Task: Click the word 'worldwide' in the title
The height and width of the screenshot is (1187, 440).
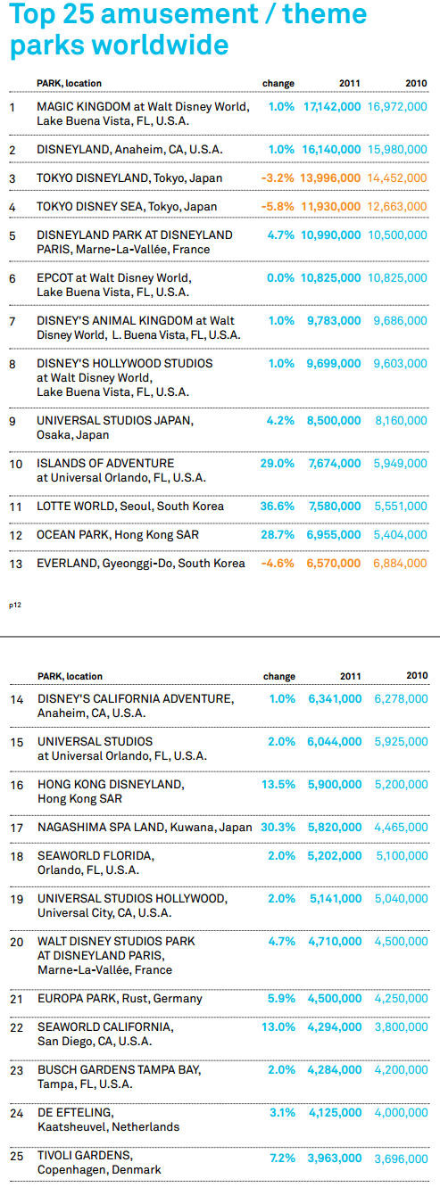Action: pyautogui.click(x=162, y=45)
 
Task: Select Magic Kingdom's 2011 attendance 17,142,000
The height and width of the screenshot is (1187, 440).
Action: pyautogui.click(x=332, y=106)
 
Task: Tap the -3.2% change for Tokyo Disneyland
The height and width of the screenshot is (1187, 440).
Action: pyautogui.click(x=278, y=178)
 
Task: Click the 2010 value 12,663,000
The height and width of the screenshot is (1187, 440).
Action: pyautogui.click(x=397, y=207)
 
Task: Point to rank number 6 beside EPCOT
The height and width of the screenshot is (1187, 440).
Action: pyautogui.click(x=12, y=279)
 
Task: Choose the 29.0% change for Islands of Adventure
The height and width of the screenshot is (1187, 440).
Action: pyautogui.click(x=278, y=463)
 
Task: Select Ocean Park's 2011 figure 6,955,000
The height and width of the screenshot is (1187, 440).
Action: pyautogui.click(x=334, y=535)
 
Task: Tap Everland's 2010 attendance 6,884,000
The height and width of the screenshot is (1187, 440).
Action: pyautogui.click(x=400, y=564)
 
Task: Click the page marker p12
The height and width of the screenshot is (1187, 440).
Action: pyautogui.click(x=15, y=606)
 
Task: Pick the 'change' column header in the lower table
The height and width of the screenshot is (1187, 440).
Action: pyautogui.click(x=279, y=676)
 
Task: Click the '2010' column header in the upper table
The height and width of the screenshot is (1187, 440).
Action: pyautogui.click(x=416, y=83)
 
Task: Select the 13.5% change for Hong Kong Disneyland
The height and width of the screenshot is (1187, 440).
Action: pyautogui.click(x=278, y=784)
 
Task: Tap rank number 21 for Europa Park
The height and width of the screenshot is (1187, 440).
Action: pyautogui.click(x=16, y=1000)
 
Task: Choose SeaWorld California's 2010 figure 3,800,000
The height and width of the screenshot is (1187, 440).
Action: pyautogui.click(x=402, y=1027)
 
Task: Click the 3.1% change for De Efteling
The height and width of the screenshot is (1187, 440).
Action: pyautogui.click(x=283, y=1113)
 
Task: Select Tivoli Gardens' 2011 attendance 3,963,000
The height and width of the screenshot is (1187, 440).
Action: pyautogui.click(x=335, y=1158)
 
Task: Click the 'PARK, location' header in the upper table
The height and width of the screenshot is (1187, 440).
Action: pyautogui.click(x=69, y=83)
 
